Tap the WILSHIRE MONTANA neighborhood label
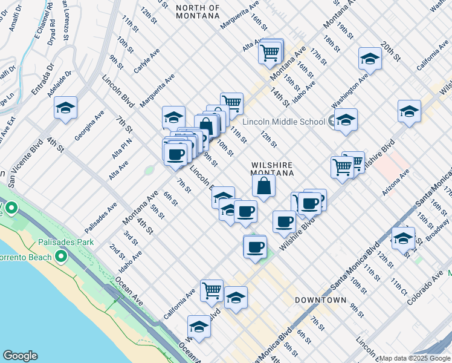pyautogui.click(x=272, y=169)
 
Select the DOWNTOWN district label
pyautogui.click(x=320, y=300)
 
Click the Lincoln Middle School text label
pyautogui.click(x=283, y=122)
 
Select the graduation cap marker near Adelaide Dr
pyautogui.click(x=66, y=108)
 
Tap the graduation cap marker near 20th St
pyautogui.click(x=369, y=59)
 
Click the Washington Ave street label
pyautogui.click(x=350, y=88)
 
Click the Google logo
pyautogui.click(x=20, y=356)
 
